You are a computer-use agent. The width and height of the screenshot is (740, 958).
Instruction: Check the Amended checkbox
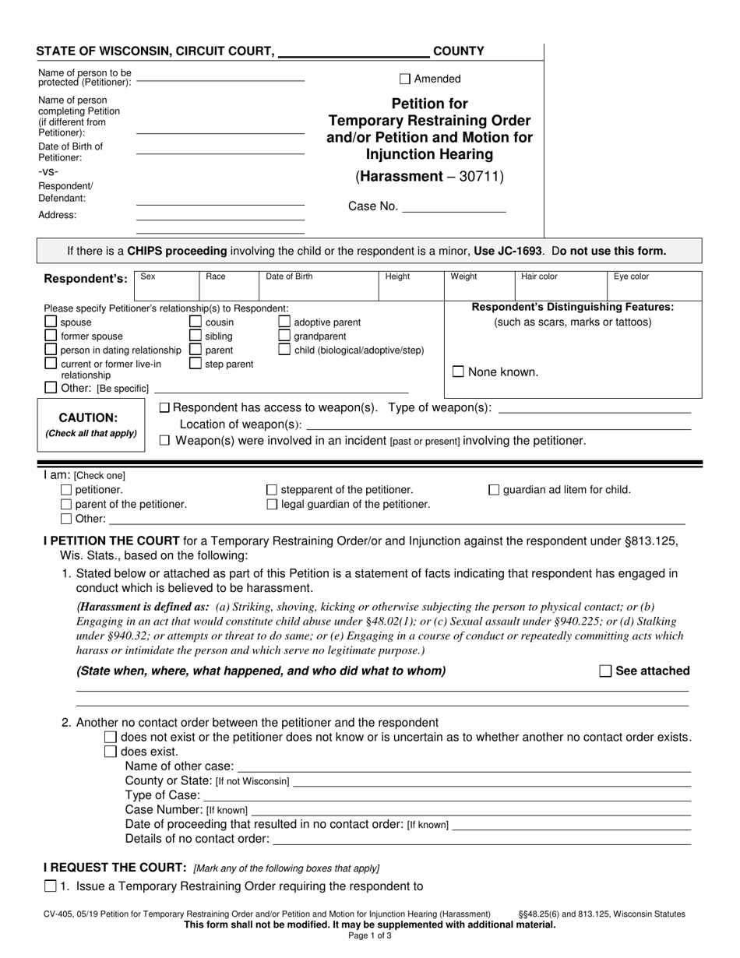(x=405, y=79)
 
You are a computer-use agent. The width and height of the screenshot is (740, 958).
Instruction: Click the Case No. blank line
(x=453, y=207)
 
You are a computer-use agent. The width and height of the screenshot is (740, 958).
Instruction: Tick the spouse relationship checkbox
(x=51, y=322)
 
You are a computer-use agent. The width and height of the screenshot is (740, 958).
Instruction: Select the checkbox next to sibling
(x=196, y=336)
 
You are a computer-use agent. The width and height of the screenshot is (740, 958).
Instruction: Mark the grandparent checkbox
(x=284, y=336)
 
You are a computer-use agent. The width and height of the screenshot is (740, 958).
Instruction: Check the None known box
(x=459, y=372)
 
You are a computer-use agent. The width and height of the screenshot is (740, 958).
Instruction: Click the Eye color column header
(x=631, y=276)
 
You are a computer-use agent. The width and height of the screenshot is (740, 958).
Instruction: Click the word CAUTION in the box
(x=88, y=417)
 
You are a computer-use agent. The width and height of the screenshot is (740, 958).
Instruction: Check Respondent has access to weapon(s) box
(x=164, y=408)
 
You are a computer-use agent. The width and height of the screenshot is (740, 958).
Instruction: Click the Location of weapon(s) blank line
(x=499, y=425)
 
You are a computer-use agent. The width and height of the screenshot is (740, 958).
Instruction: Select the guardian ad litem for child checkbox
(x=494, y=490)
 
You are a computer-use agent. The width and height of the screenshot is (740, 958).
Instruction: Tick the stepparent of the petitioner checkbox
(x=272, y=490)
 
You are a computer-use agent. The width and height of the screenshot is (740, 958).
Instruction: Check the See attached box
(x=605, y=671)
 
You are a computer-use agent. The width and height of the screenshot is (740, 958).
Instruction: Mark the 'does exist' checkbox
(x=111, y=752)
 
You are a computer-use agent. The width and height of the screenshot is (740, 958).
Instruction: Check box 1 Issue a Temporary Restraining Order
(x=51, y=886)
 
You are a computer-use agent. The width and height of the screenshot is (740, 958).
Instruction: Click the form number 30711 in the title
(x=484, y=177)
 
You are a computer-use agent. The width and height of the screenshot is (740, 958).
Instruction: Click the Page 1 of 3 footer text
(x=370, y=936)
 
